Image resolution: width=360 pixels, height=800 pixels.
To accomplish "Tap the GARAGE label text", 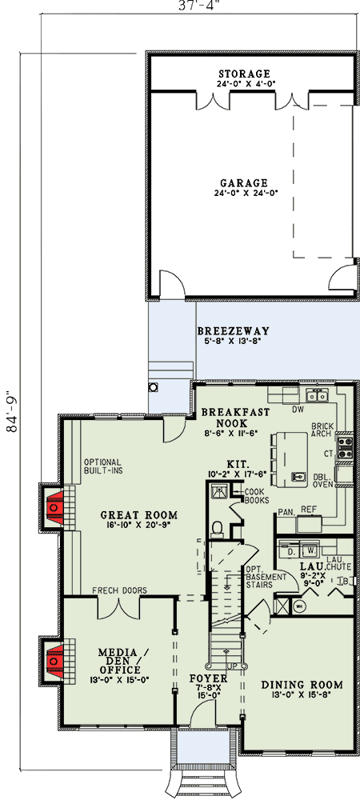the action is point(244,182).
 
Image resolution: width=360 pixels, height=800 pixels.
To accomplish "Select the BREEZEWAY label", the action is point(233,331).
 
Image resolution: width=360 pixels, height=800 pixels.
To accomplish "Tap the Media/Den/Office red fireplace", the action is point(54,661).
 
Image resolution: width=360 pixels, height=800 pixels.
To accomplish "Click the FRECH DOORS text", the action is point(119,590).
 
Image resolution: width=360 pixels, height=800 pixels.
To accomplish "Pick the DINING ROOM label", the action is point(302,685).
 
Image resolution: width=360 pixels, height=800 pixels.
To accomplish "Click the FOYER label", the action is point(208,679).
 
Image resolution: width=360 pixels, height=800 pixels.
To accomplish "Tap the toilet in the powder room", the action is point(218,529).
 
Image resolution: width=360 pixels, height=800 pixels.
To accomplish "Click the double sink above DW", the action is point(317,395).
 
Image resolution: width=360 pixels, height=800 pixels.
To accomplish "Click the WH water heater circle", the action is point(299,606).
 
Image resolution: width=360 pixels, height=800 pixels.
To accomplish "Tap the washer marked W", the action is point(310,551).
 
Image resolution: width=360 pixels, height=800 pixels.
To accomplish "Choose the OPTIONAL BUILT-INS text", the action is point(102,466).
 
